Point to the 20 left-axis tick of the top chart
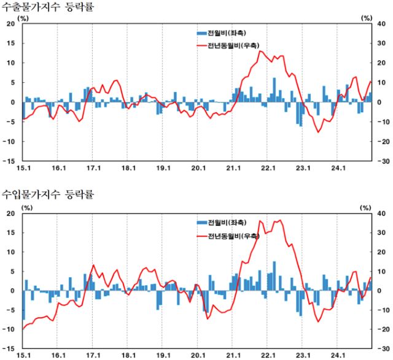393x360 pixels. [10, 24]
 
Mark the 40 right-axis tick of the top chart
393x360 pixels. [383, 24]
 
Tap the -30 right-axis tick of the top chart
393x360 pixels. [382, 161]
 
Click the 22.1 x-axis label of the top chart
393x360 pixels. [268, 167]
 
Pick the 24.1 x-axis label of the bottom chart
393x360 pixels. [338, 355]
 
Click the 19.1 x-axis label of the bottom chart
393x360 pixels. [163, 355]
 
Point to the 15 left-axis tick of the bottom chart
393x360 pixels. [10, 233]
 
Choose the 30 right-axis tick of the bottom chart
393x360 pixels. [383, 233]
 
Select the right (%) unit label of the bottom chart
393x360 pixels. [366, 207]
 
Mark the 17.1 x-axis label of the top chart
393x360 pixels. [93, 167]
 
